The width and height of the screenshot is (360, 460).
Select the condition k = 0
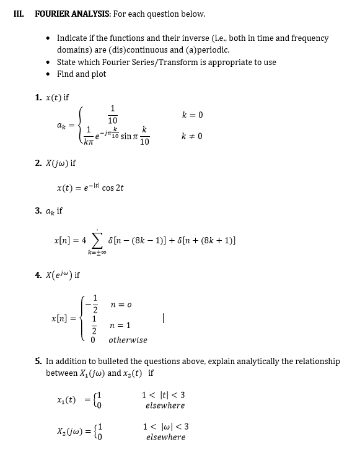coord(192,115)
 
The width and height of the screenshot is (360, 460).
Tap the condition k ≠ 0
coord(192,136)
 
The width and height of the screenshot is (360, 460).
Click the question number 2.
coord(38,163)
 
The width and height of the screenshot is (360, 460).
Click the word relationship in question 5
coord(317,361)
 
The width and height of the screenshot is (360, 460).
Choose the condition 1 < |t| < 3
coord(164,395)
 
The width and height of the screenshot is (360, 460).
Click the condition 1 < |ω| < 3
coord(165,426)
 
